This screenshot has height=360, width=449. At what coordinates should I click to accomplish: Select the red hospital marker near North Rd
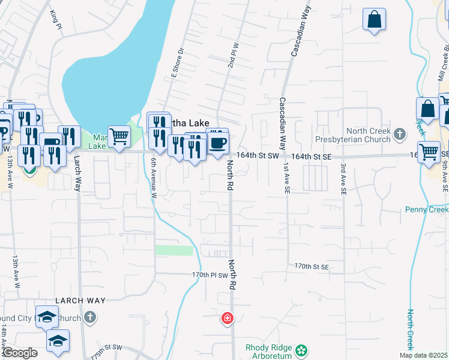point(227,317)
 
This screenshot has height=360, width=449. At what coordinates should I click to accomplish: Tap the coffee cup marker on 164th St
point(217,143)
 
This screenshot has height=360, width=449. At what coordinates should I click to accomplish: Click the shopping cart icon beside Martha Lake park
point(119,136)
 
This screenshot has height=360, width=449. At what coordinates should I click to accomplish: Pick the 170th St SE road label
point(312,266)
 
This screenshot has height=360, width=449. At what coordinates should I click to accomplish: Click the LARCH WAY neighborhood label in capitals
point(80,300)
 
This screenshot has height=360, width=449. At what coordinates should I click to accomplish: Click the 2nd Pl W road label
point(234,55)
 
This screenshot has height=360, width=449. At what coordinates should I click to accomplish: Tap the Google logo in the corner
point(20,353)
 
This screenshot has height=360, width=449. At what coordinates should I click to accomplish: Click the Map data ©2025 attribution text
point(423,355)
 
